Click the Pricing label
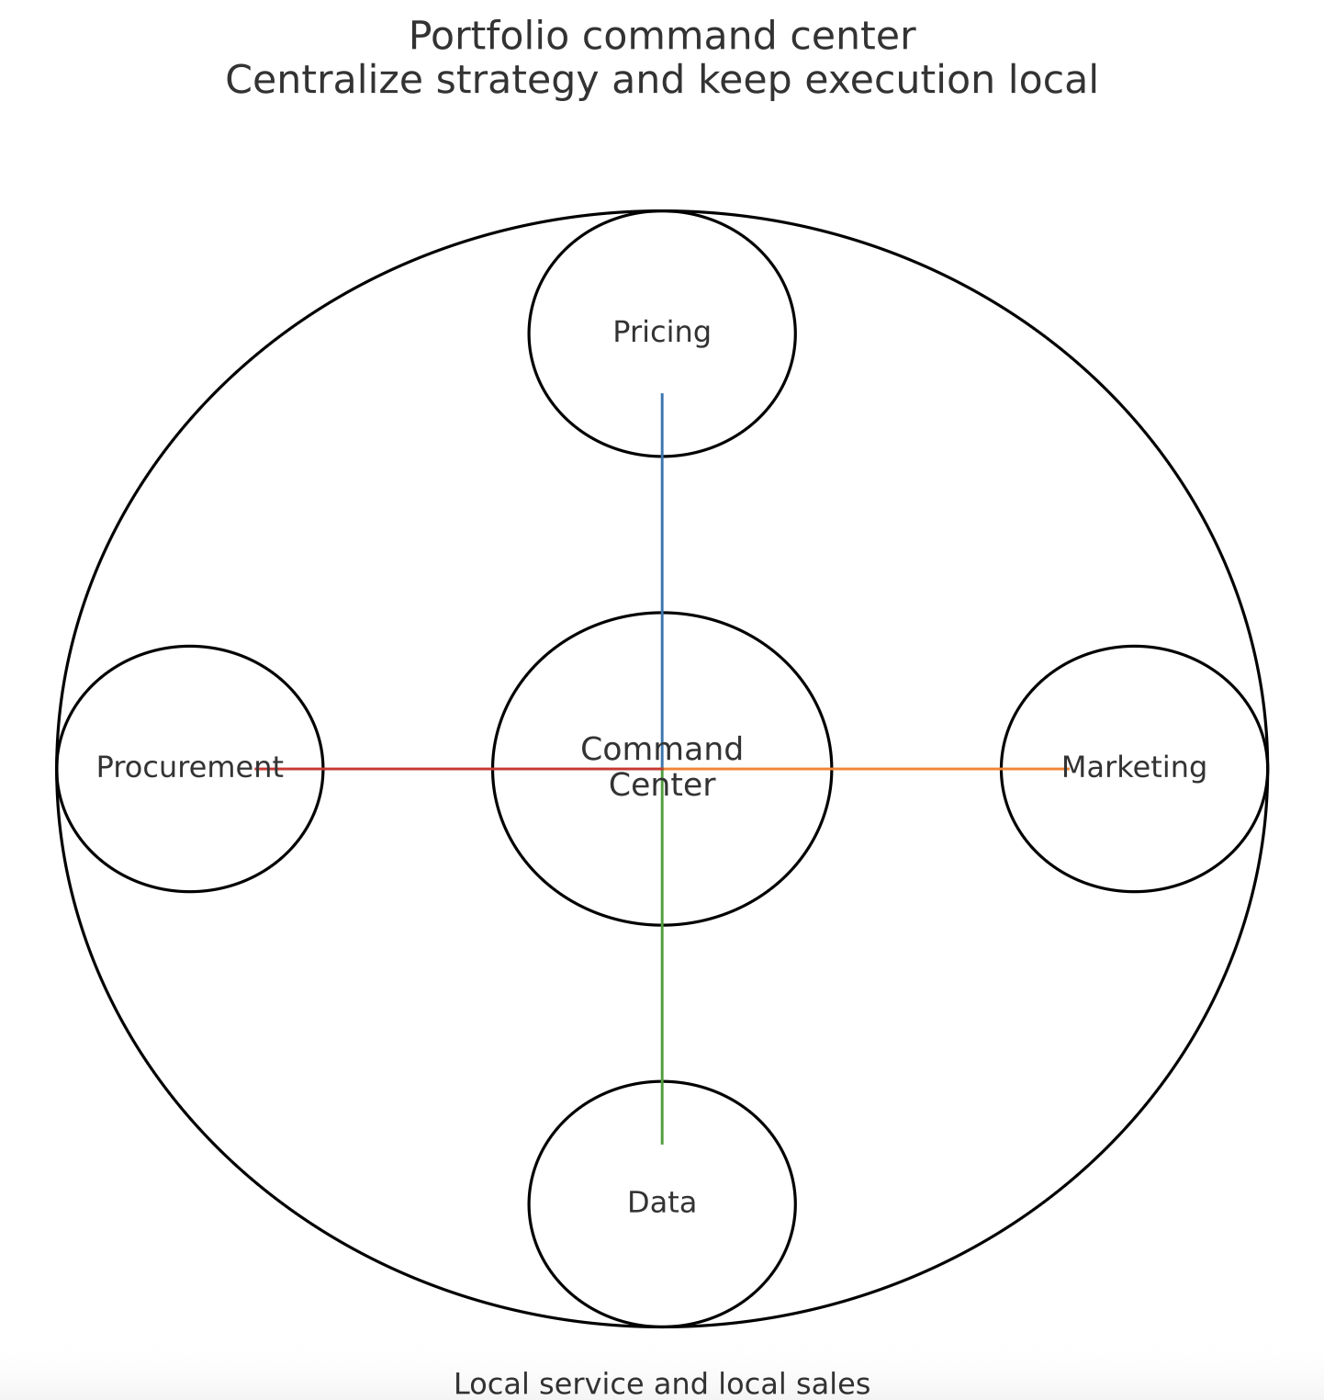point(661,333)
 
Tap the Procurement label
point(189,767)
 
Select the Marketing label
point(1134,767)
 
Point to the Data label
point(661,1202)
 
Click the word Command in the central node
point(661,750)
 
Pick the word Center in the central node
point(661,786)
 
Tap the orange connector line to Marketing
point(918,769)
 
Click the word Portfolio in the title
point(488,37)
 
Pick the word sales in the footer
point(836,1383)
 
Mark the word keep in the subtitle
point(734,81)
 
